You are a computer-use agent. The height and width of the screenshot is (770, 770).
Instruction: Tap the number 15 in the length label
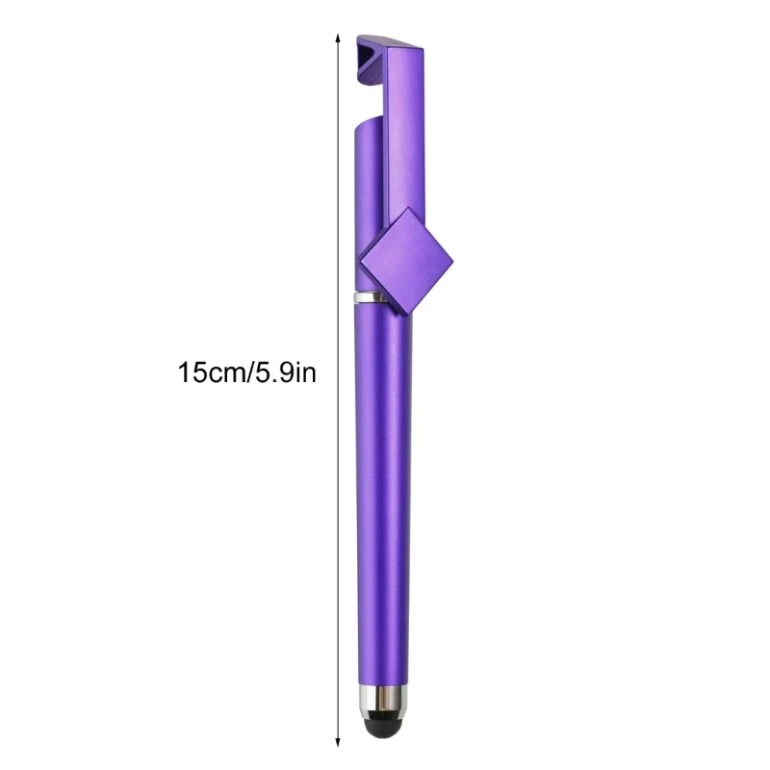click(x=191, y=372)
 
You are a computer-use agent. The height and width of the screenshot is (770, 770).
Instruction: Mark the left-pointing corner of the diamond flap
click(x=359, y=260)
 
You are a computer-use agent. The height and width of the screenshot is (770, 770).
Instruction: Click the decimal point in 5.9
click(x=273, y=379)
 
